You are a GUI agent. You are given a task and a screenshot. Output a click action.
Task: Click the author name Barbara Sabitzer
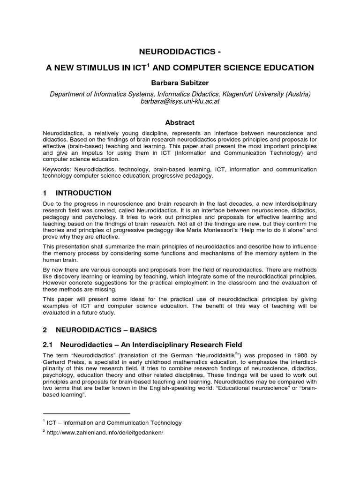coord(180,82)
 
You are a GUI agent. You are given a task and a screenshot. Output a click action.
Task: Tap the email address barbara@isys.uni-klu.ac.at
coord(180,102)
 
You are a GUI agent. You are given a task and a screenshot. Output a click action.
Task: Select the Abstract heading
coord(180,123)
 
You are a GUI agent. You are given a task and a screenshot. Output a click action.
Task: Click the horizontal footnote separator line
coord(86,413)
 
